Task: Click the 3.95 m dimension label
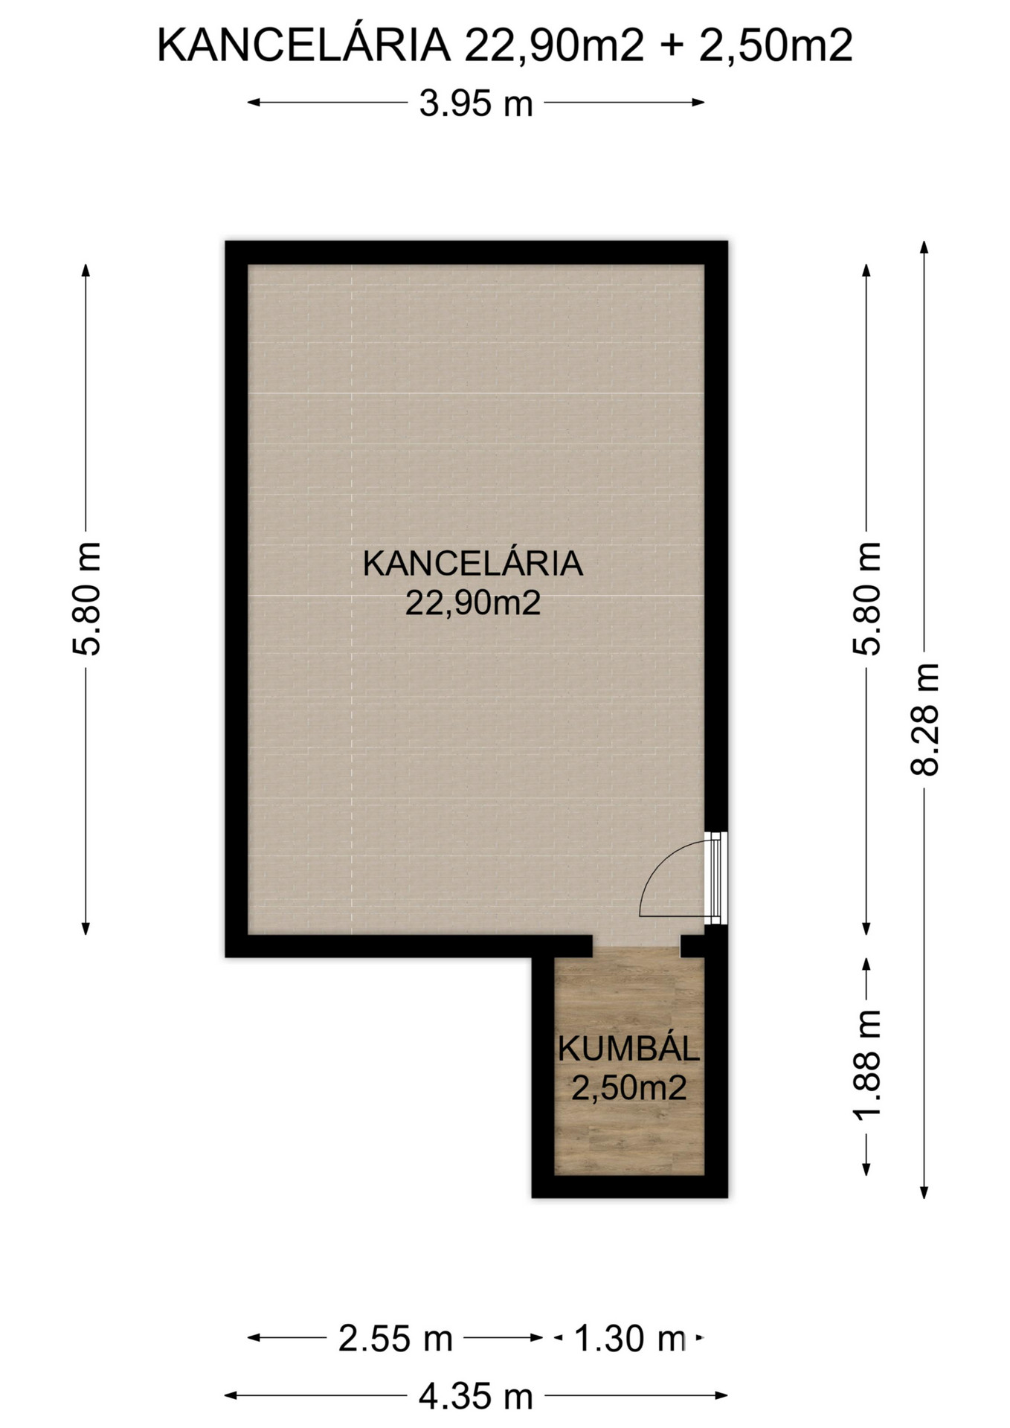coord(476,103)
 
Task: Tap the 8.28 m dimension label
coord(925,719)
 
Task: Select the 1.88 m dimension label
coord(866,1064)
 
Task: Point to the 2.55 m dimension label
coord(395,1338)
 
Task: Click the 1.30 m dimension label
coord(630,1338)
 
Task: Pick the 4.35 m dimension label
coord(476,1396)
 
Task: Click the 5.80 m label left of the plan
coord(86,599)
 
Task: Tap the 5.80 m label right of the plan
coord(866,599)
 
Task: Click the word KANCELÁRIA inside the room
coord(473,563)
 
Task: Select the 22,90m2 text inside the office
coord(473,603)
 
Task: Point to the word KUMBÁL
coord(629,1049)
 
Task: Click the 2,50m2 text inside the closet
coord(629,1088)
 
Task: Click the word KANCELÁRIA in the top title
coord(304,45)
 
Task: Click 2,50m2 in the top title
coord(776,46)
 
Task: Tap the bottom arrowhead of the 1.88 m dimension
coord(866,1168)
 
